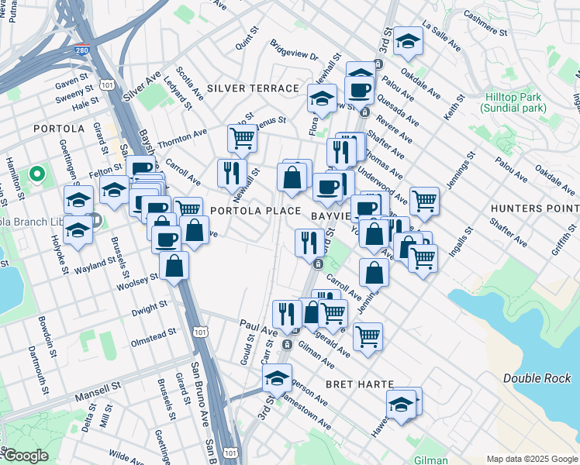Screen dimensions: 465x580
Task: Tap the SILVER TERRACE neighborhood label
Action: tap(253, 89)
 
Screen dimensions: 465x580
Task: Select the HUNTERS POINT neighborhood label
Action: tap(534, 208)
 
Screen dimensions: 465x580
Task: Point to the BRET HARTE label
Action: tap(360, 384)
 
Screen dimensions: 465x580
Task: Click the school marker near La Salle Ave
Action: tap(408, 42)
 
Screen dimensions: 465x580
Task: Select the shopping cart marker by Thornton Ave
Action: tap(242, 139)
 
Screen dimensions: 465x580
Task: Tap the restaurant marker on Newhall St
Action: tap(231, 173)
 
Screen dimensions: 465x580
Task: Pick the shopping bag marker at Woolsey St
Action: tap(174, 265)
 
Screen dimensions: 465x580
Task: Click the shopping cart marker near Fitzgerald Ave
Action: tap(368, 336)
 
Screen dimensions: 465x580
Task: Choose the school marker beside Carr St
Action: tap(277, 378)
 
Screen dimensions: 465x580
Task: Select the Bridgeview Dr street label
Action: tap(294, 57)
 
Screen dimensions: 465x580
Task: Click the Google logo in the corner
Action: tap(25, 456)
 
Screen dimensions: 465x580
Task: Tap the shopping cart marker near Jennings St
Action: tap(424, 201)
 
